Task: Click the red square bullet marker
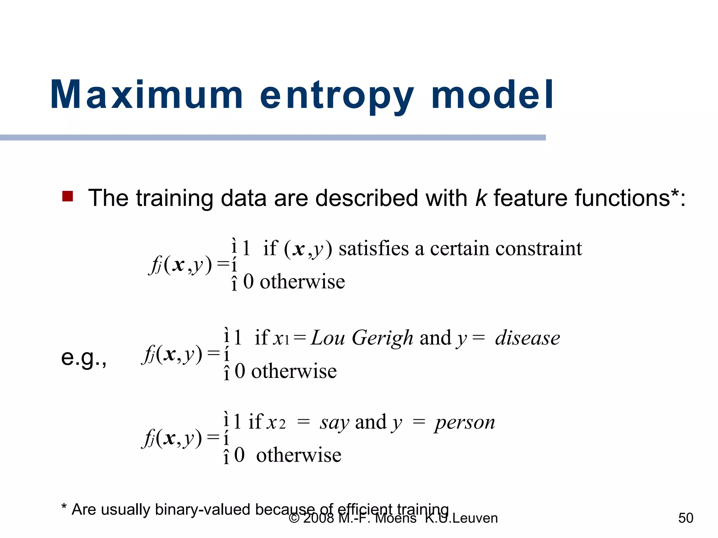[x=67, y=196]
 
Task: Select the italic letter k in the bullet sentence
[x=481, y=198]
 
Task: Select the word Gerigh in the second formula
[x=382, y=338]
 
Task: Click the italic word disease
[x=527, y=338]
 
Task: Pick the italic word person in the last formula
[x=465, y=423]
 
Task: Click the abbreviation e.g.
[x=83, y=358]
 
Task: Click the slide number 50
[x=685, y=518]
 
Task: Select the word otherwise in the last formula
[x=298, y=455]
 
